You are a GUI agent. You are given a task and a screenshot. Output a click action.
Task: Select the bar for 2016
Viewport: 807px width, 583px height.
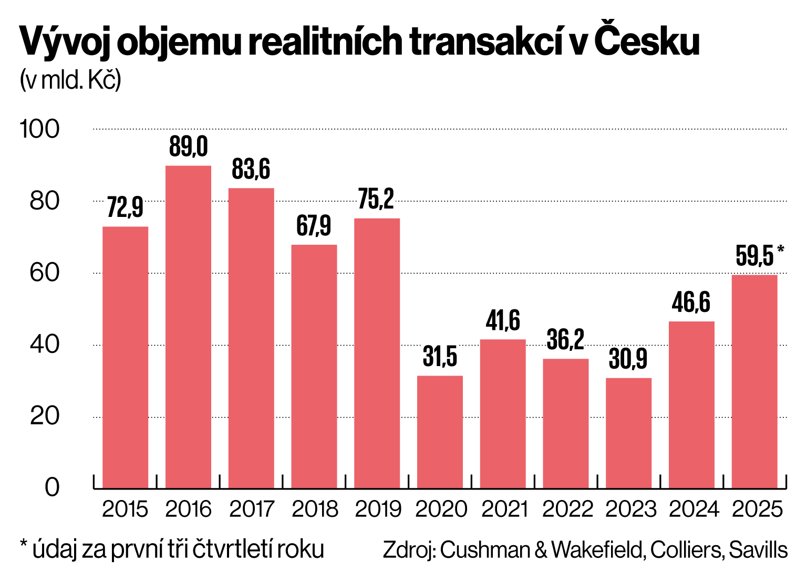tap(188, 327)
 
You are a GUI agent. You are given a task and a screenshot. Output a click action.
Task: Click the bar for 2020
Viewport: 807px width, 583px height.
tap(440, 432)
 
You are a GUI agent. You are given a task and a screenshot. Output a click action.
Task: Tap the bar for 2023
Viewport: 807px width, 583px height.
tap(628, 433)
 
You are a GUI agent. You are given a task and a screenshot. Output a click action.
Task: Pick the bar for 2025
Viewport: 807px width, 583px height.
tap(754, 381)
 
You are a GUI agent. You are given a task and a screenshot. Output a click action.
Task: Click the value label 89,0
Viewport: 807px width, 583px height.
tap(188, 147)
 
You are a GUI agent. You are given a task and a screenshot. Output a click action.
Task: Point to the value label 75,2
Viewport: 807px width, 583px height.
tap(376, 200)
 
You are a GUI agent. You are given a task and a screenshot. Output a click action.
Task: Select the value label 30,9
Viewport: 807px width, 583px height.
tap(628, 359)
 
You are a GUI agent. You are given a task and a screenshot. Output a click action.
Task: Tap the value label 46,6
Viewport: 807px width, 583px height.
tap(691, 303)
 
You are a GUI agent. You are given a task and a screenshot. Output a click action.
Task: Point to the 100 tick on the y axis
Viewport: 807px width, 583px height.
tap(40, 129)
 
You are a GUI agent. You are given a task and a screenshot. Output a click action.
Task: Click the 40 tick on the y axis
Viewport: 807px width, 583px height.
tap(45, 345)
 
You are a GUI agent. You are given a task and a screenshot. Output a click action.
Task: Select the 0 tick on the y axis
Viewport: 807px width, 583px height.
tap(52, 487)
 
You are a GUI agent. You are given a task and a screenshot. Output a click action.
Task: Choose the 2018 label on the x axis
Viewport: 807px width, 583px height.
tap(314, 509)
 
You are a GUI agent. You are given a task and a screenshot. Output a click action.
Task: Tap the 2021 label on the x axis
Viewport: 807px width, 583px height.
tap(503, 509)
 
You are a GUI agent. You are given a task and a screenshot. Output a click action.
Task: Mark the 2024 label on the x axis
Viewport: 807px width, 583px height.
tap(693, 509)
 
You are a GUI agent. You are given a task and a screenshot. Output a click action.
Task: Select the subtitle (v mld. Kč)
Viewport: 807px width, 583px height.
tap(70, 80)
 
